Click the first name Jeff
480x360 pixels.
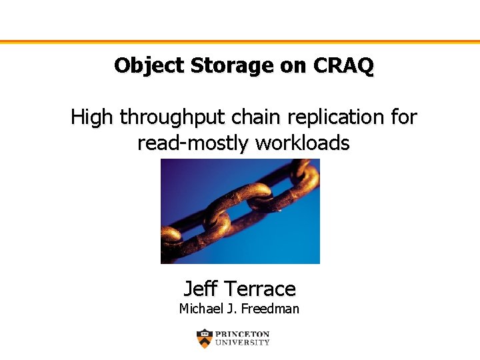pyautogui.click(x=200, y=289)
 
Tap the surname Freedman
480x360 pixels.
pyautogui.click(x=270, y=309)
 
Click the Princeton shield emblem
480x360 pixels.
pyautogui.click(x=205, y=339)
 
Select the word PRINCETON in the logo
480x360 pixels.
pyautogui.click(x=243, y=334)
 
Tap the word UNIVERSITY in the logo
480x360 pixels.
pyautogui.click(x=243, y=343)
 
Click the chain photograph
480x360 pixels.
pyautogui.click(x=240, y=211)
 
